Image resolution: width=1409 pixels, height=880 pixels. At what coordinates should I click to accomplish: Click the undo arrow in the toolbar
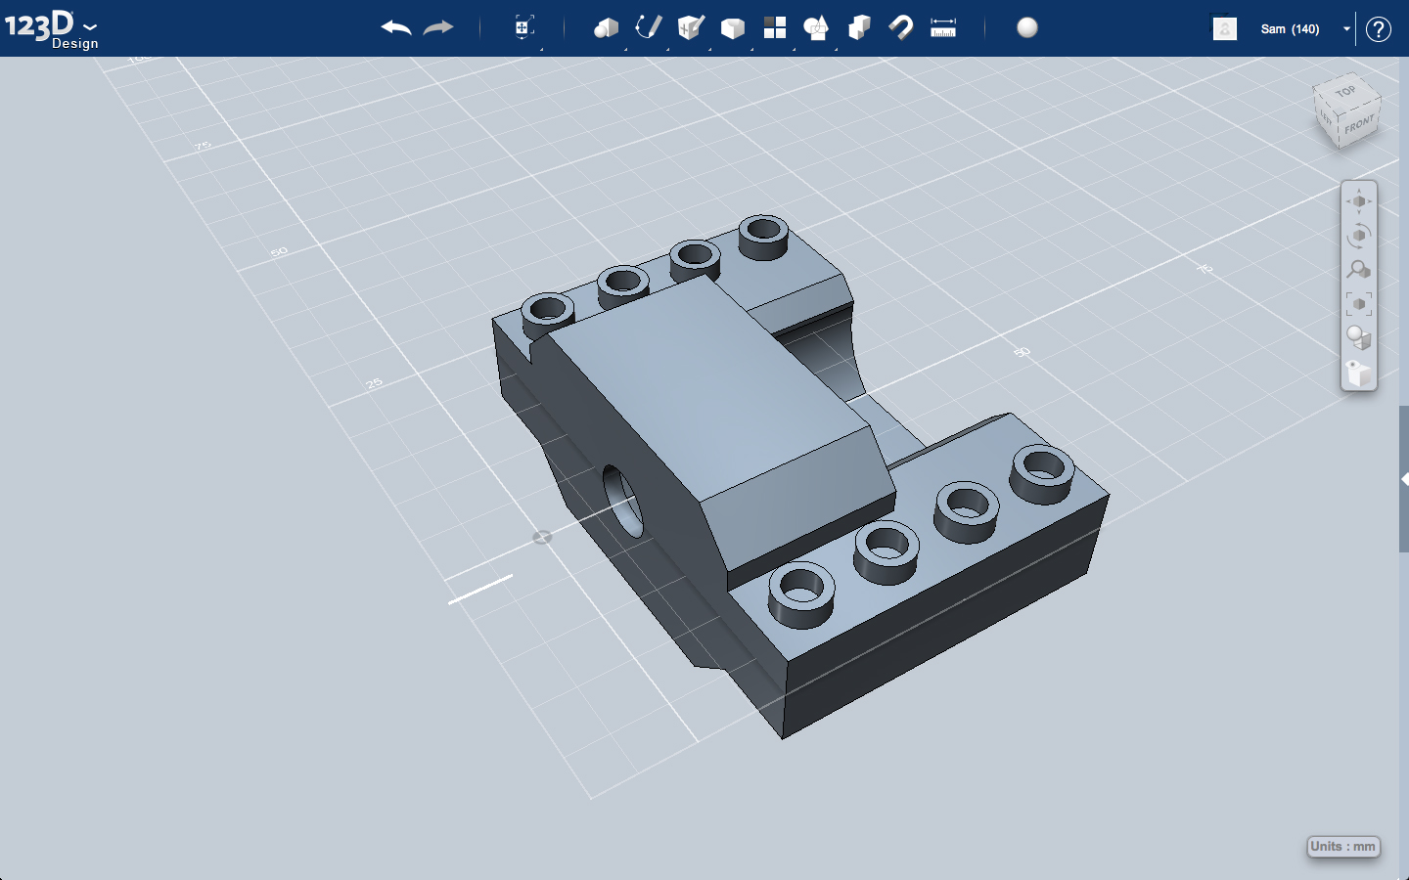click(396, 27)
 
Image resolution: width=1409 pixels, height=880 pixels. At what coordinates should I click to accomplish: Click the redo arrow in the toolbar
click(438, 27)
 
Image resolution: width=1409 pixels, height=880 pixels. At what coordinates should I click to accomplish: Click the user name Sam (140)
click(1290, 29)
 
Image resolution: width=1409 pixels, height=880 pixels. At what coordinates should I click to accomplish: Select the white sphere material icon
click(1026, 27)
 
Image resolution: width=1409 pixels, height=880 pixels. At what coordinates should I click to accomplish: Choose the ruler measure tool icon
click(943, 27)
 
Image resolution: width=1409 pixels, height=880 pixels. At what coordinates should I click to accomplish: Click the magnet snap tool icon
click(900, 27)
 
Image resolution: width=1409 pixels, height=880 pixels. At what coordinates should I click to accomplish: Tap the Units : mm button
click(1342, 847)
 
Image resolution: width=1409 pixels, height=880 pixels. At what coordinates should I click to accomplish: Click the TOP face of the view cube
click(1345, 92)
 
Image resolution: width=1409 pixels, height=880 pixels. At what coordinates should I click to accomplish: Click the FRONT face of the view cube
click(1358, 125)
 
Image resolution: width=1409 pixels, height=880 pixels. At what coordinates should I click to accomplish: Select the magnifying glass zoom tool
click(1358, 269)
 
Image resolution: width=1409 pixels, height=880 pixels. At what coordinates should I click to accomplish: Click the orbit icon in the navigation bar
click(1358, 236)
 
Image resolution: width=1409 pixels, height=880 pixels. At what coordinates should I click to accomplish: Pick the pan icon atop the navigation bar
click(1358, 201)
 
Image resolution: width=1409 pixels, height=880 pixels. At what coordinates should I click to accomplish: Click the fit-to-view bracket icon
click(1358, 304)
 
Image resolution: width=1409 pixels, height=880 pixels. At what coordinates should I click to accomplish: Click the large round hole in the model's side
click(622, 501)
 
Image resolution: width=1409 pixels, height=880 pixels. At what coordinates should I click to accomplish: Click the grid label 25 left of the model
click(375, 383)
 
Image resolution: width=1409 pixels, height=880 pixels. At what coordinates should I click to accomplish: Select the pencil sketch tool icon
click(648, 27)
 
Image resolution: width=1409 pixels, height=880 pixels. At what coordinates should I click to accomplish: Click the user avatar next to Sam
click(1224, 29)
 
